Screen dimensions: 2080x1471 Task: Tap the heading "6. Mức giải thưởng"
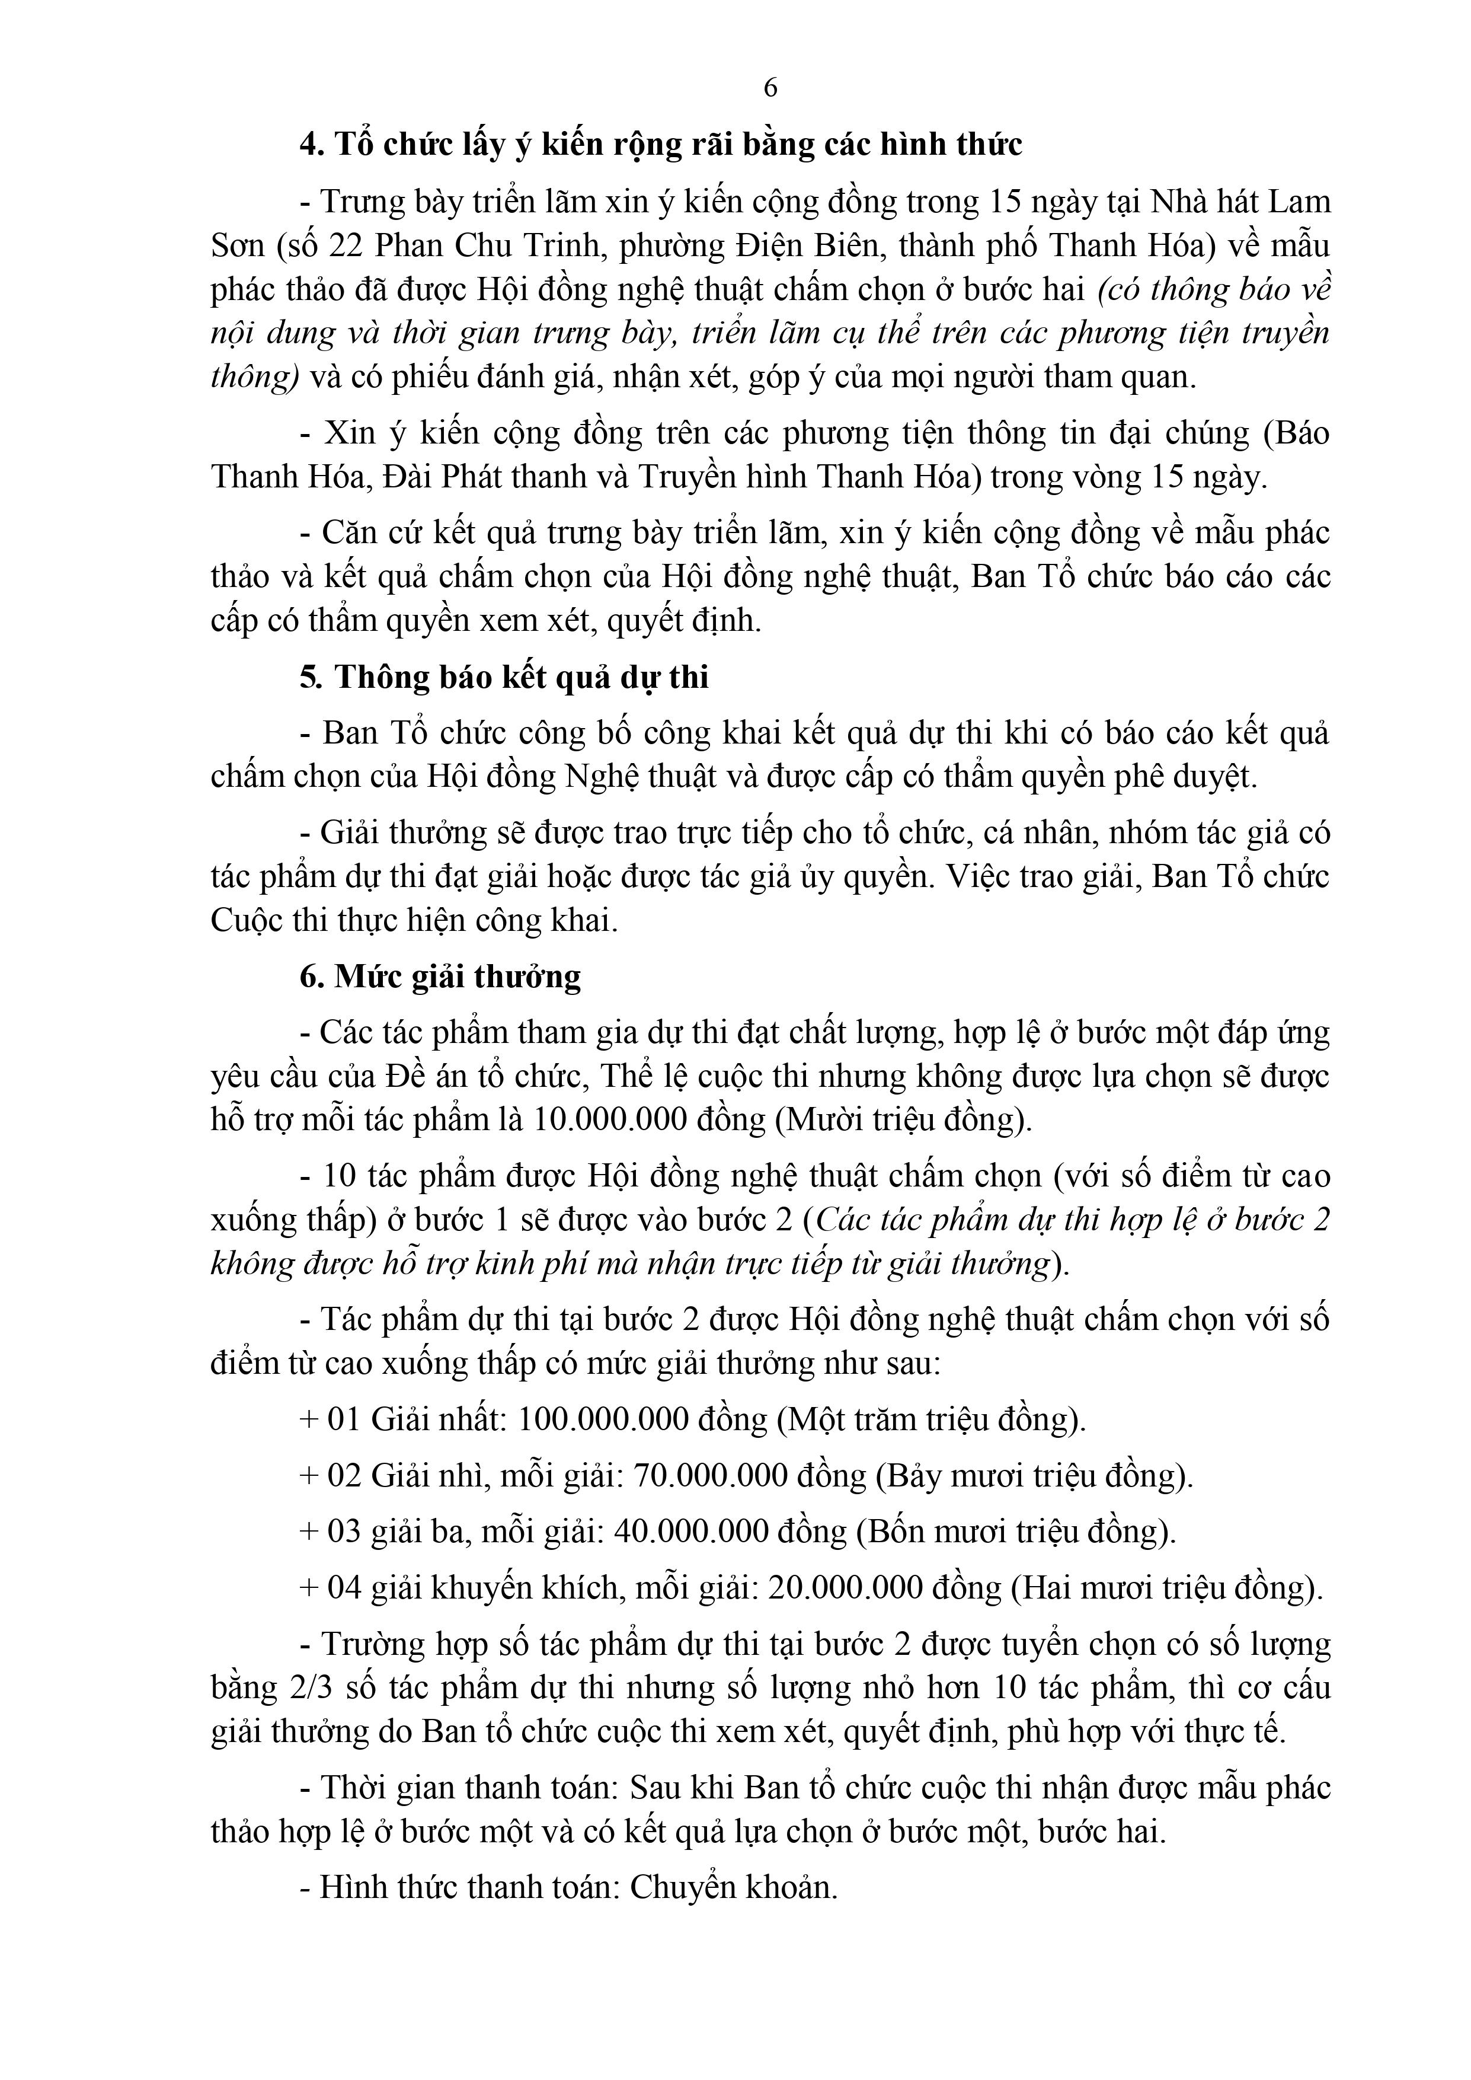(x=441, y=977)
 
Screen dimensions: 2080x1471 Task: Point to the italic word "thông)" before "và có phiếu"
(x=254, y=377)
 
